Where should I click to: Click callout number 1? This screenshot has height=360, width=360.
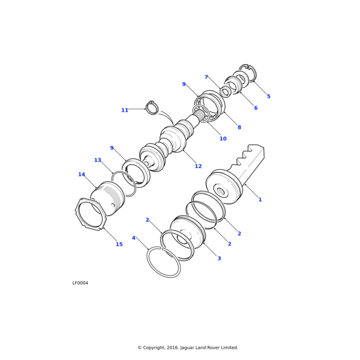click(260, 200)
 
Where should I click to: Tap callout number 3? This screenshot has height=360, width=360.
click(219, 258)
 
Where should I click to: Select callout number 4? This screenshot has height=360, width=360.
click(134, 238)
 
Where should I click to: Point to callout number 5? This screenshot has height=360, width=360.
click(269, 96)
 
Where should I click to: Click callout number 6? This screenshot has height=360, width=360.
click(256, 107)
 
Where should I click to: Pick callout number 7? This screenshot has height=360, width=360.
click(206, 77)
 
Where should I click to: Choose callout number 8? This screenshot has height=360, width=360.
click(239, 127)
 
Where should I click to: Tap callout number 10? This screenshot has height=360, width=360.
click(223, 139)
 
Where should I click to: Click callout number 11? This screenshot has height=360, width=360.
click(125, 110)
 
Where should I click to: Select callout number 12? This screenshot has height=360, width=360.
click(198, 166)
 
